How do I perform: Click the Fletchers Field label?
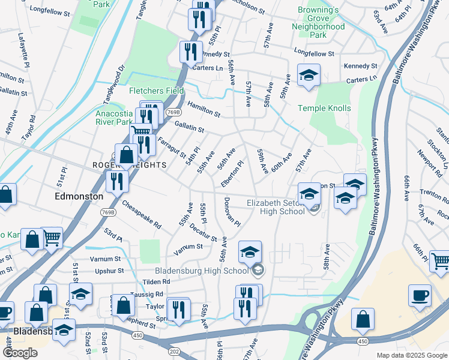(157, 91)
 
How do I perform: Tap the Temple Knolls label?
(325, 109)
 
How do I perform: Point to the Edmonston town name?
(79, 196)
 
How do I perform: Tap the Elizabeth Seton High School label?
(276, 207)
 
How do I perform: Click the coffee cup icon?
(420, 295)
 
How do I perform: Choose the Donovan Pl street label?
(232, 212)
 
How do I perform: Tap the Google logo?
(20, 353)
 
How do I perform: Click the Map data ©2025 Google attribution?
(411, 355)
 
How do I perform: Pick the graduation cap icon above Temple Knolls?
(309, 75)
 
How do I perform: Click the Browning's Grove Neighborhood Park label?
(318, 22)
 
